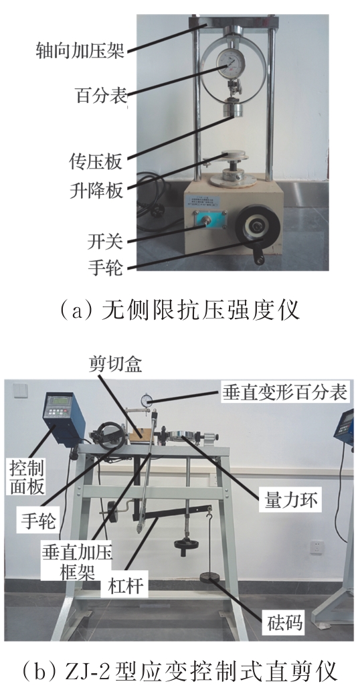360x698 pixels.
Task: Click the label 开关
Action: point(105,242)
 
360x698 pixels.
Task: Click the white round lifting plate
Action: point(237,159)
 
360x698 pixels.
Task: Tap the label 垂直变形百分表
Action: point(284,392)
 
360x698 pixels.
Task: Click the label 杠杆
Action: point(127,586)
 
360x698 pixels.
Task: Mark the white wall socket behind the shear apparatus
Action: point(317,547)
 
